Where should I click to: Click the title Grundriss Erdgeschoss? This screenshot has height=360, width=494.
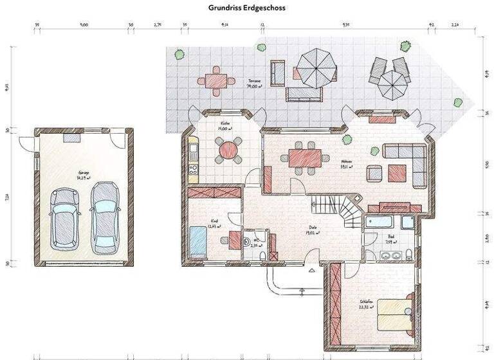tap(246, 8)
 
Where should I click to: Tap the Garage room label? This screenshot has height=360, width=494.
tap(84, 174)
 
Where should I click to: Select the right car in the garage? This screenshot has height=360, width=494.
tap(104, 216)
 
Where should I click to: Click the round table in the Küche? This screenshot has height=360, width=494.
tap(228, 150)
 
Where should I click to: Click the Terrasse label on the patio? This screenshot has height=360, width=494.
tap(255, 83)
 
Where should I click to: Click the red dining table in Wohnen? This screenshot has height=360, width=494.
tap(305, 157)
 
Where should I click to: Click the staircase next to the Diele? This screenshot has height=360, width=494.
tap(341, 211)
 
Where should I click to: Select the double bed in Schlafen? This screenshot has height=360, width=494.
tap(394, 316)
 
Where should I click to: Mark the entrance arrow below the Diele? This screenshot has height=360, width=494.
tap(312, 271)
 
